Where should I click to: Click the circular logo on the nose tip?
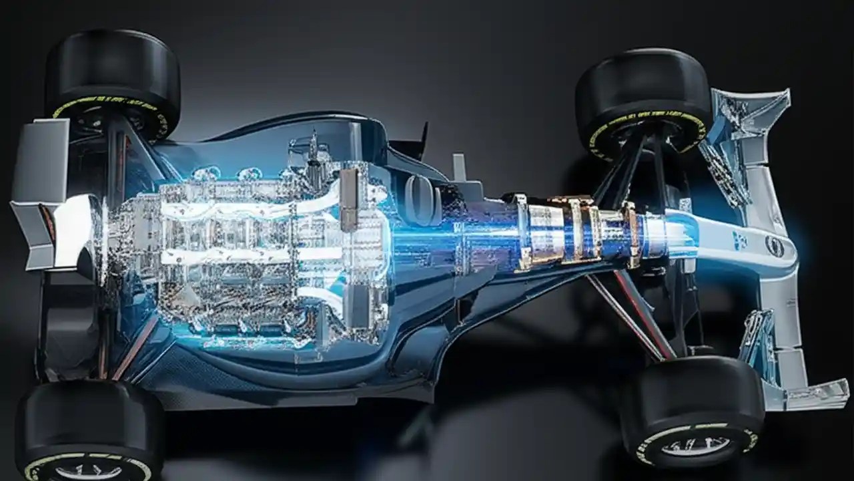(775, 246)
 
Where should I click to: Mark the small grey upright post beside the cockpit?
(459, 166)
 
